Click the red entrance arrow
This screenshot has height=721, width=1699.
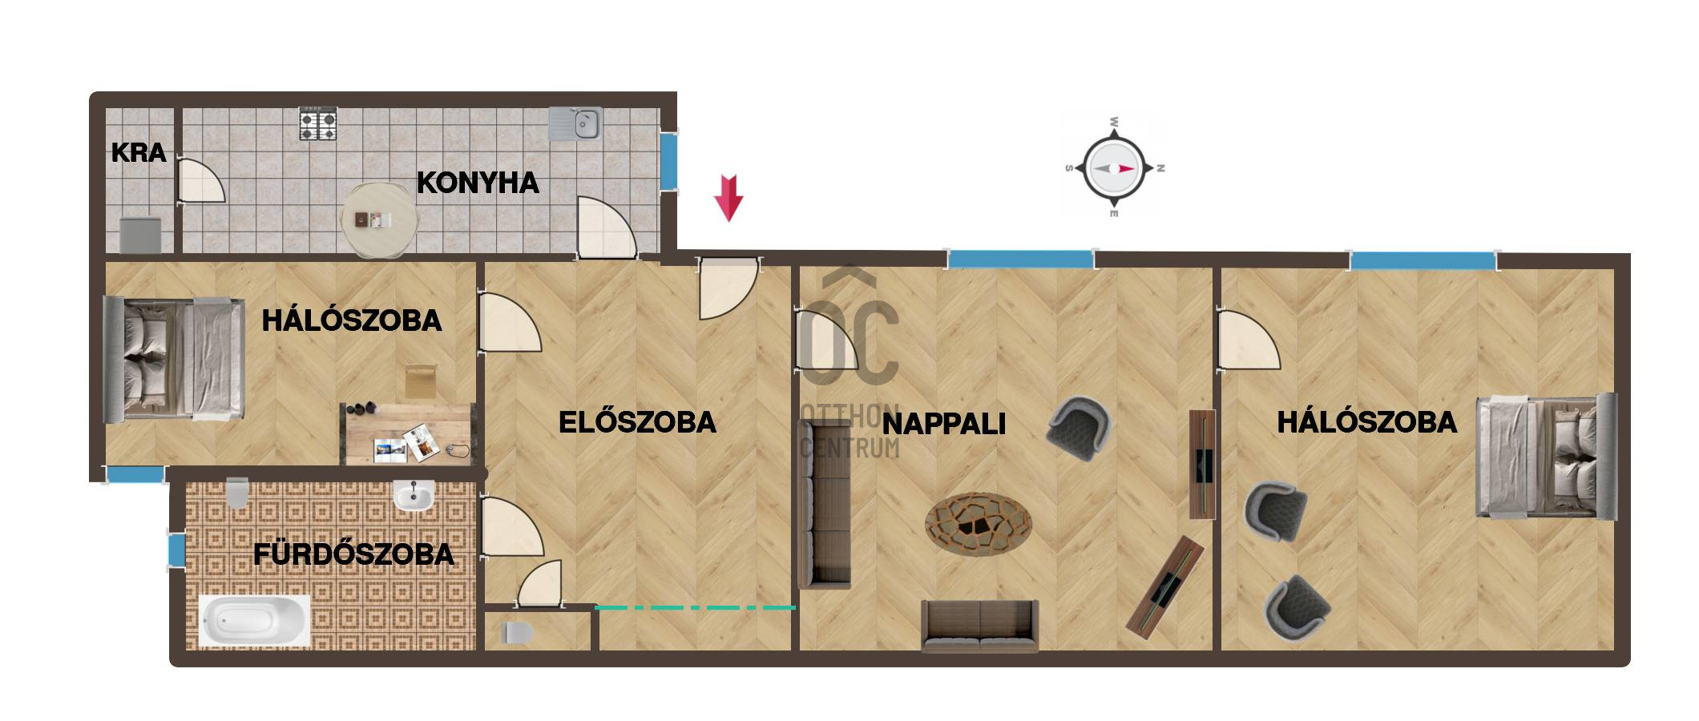pos(728,197)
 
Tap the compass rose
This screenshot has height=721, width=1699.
pos(1113,168)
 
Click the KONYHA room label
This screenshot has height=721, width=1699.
pos(478,183)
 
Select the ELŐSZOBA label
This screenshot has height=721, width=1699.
pos(637,422)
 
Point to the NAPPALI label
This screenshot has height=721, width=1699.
pos(944,424)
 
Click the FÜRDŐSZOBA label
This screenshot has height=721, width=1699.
pos(353,554)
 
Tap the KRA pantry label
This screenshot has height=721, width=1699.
pos(139,152)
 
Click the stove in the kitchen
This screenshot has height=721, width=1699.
pos(319,125)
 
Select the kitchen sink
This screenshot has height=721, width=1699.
pos(575,124)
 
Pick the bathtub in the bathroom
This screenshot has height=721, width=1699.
pos(254,620)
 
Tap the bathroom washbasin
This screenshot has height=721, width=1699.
pos(414,495)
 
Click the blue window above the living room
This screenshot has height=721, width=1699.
pos(1020,259)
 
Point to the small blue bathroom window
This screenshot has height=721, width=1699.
pos(176,550)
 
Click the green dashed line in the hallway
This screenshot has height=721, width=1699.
pos(695,608)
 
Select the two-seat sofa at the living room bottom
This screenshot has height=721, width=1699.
pos(979,625)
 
